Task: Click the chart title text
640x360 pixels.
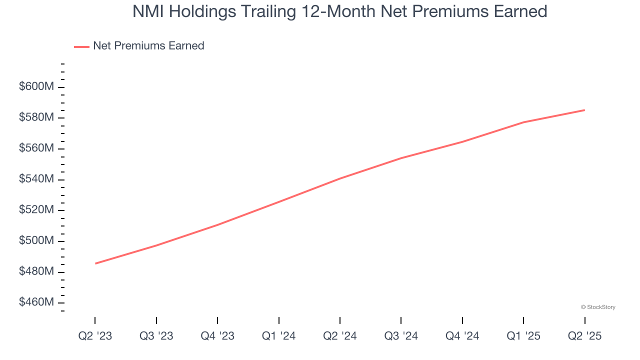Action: (339, 11)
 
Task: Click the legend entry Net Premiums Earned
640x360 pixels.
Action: (148, 46)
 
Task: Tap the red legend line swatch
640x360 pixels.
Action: (81, 46)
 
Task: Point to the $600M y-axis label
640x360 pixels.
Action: (36, 86)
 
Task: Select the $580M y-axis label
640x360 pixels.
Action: (36, 117)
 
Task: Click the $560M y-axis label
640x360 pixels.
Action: (36, 148)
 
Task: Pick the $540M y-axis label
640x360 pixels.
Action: (36, 179)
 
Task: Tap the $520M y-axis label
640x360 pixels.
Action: (36, 210)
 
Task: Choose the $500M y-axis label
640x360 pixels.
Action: (36, 241)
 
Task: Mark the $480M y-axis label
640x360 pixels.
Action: (36, 271)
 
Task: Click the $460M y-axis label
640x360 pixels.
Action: (36, 302)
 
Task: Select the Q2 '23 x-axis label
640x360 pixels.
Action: (95, 336)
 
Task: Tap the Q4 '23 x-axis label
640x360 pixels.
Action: (217, 336)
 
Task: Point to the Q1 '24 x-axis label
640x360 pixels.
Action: (278, 336)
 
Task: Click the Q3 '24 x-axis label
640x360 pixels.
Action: (401, 336)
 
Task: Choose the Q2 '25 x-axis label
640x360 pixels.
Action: (584, 336)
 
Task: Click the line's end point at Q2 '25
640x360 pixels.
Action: (584, 110)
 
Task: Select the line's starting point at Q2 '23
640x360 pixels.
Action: (95, 263)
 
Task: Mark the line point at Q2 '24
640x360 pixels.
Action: (340, 178)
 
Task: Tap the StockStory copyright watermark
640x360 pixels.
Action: (598, 307)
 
